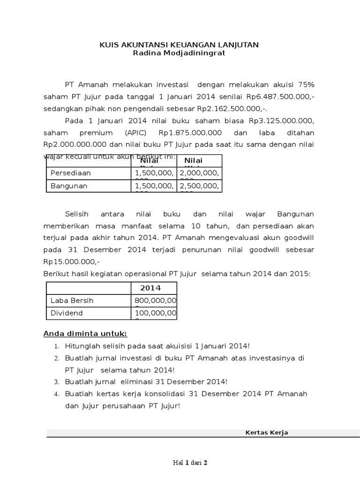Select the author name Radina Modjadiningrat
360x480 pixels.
click(179, 53)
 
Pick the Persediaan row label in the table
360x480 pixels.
click(71, 173)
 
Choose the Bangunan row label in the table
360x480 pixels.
click(69, 186)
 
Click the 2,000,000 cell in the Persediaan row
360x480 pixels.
click(199, 173)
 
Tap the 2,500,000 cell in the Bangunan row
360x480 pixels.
click(199, 186)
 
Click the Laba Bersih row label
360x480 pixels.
click(71, 300)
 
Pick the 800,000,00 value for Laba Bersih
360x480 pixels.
click(156, 300)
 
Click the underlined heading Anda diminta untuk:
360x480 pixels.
click(85, 334)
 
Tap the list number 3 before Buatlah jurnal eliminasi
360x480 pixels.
click(56, 382)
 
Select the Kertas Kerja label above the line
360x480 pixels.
click(267, 432)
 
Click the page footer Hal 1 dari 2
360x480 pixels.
click(190, 462)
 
